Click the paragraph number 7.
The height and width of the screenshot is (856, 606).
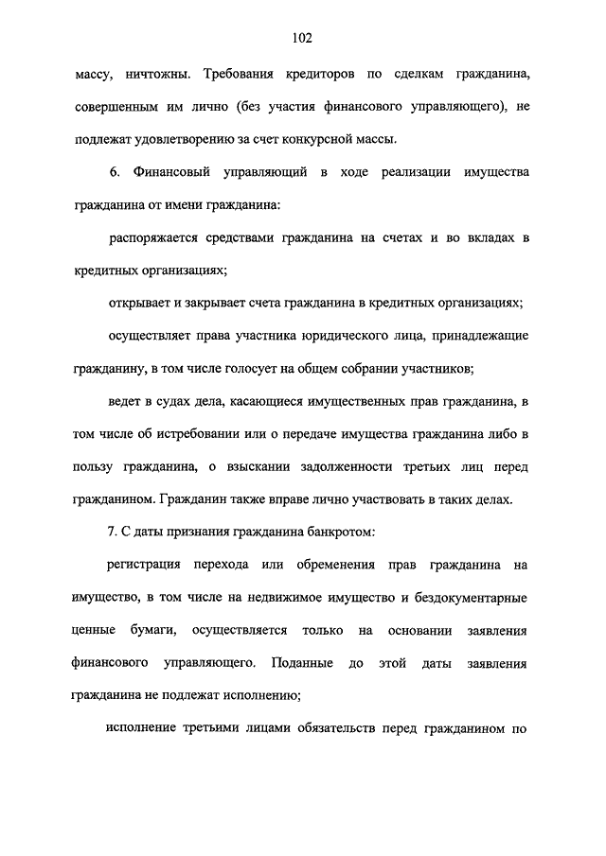pyautogui.click(x=112, y=532)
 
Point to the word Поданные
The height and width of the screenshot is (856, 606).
pyautogui.click(x=301, y=662)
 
